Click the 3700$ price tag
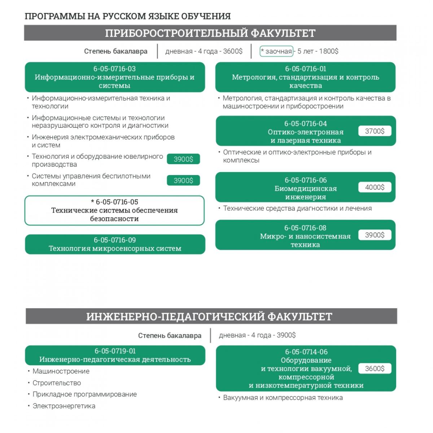[x=375, y=131]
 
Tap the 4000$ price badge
[x=375, y=187]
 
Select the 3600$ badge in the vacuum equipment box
[x=375, y=368]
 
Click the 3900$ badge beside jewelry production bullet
[x=183, y=159]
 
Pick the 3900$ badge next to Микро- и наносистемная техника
[x=375, y=235]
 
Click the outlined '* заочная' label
[x=276, y=51]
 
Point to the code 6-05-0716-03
[x=115, y=69]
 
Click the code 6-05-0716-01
[x=305, y=69]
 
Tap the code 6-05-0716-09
[x=115, y=240]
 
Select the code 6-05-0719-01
[x=115, y=351]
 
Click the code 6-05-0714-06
[x=306, y=352]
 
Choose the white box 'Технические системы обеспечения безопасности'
[x=114, y=211]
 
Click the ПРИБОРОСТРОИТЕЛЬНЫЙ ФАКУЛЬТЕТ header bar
[x=210, y=33]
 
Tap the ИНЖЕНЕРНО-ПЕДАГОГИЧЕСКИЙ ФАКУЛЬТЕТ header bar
[x=209, y=316]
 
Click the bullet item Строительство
[x=57, y=383]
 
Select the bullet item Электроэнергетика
[x=64, y=406]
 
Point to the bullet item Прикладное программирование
[x=84, y=394]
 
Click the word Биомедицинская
[x=305, y=188]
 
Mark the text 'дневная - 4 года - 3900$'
[x=257, y=335]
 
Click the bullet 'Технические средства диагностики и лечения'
[x=297, y=208]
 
